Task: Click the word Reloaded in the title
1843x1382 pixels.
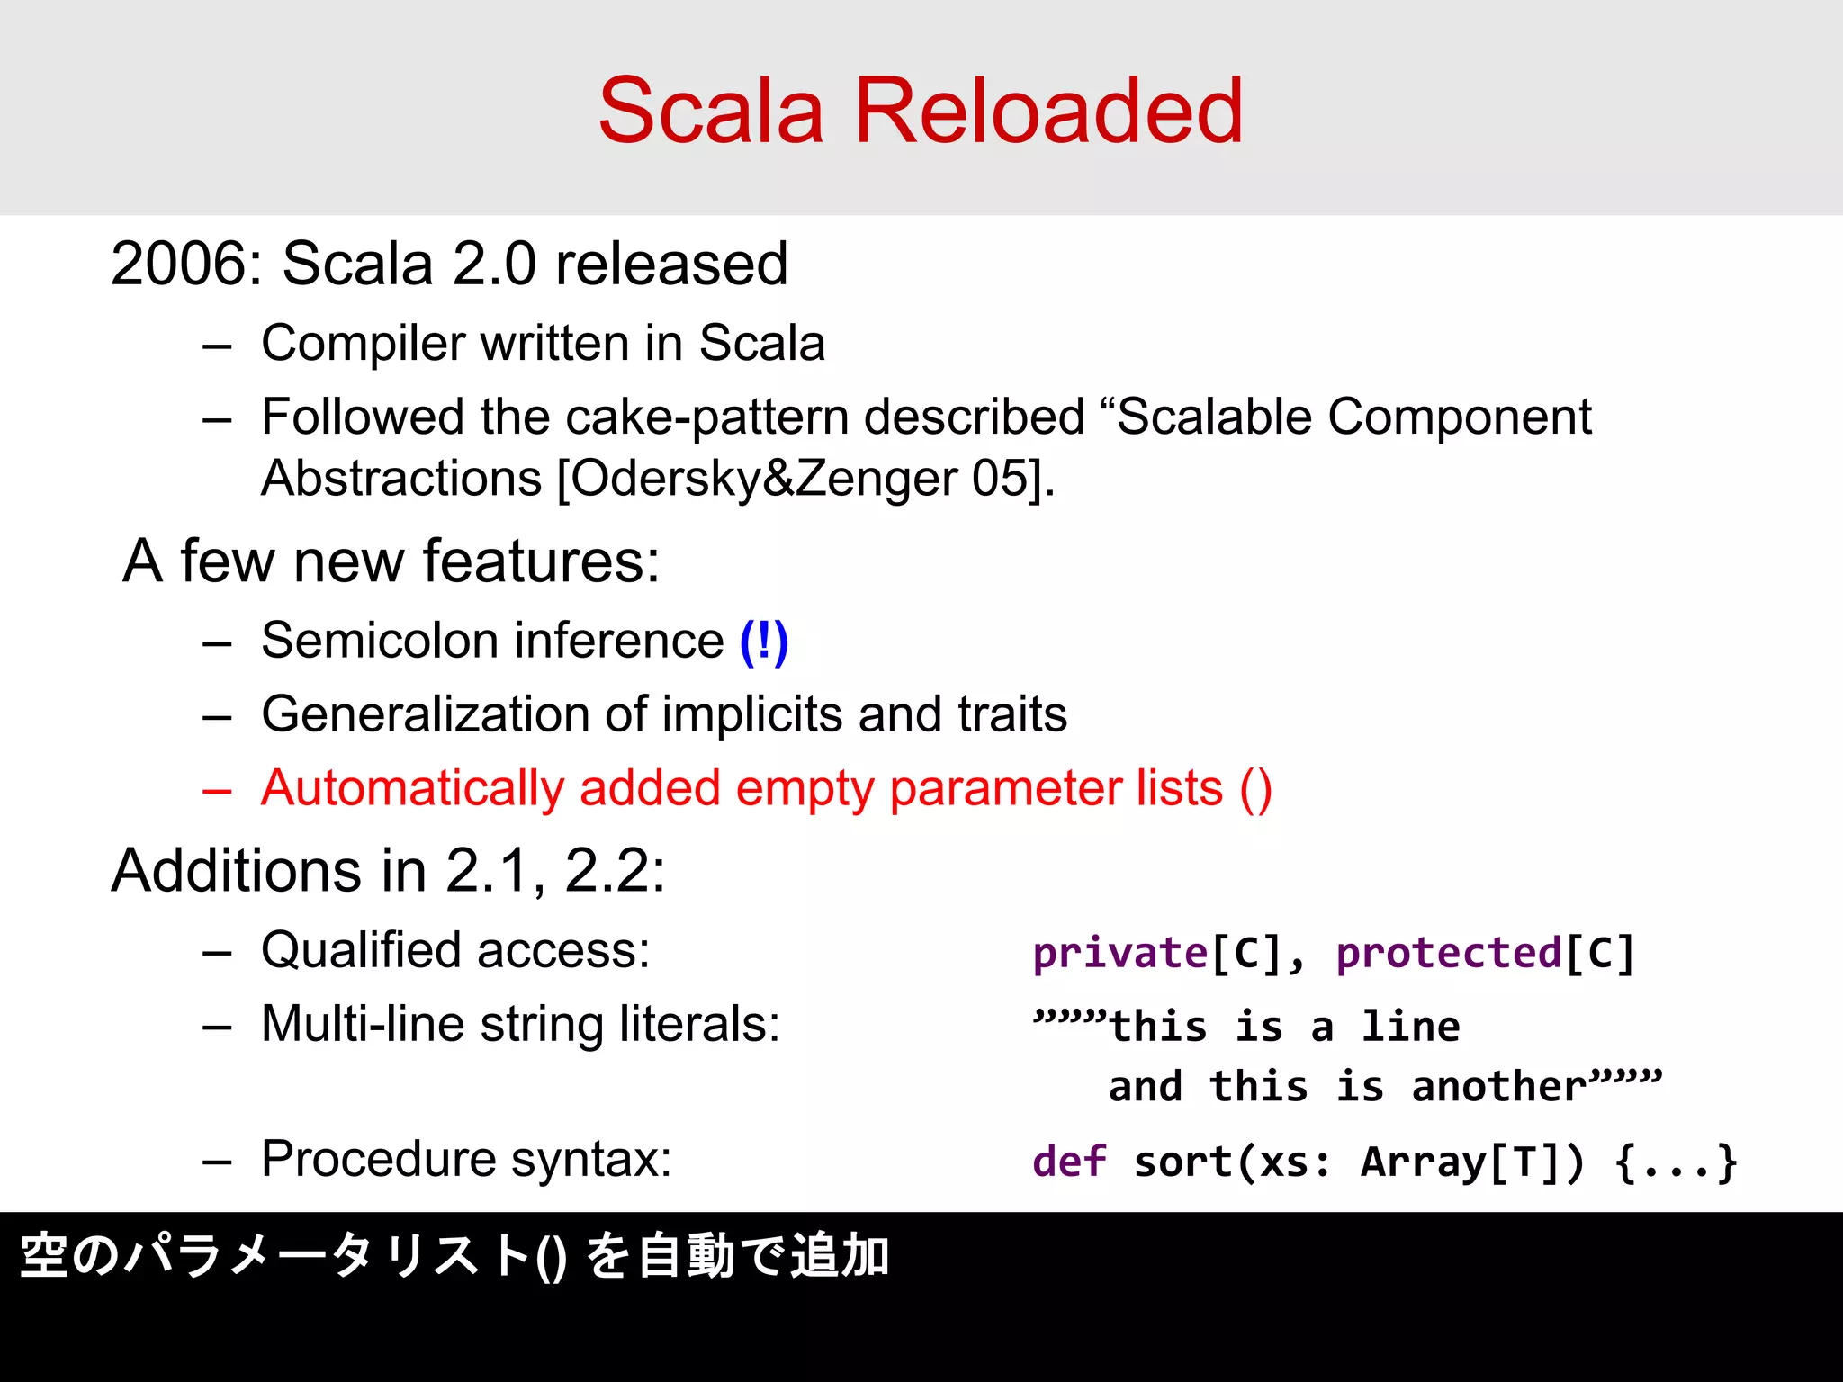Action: click(x=1048, y=111)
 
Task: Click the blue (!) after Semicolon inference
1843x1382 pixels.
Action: click(x=763, y=642)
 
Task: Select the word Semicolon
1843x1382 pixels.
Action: click(x=379, y=642)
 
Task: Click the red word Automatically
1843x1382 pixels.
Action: click(x=412, y=789)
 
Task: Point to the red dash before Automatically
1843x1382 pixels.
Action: click(x=217, y=791)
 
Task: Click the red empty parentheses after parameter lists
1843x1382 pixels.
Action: click(x=1255, y=789)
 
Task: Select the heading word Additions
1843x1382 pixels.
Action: click(x=237, y=871)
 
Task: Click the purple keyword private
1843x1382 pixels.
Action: click(x=1119, y=954)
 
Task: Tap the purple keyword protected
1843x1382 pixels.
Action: click(x=1449, y=954)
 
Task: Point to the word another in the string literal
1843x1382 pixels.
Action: click(x=1498, y=1087)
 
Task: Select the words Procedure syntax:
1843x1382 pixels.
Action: click(x=466, y=1159)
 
